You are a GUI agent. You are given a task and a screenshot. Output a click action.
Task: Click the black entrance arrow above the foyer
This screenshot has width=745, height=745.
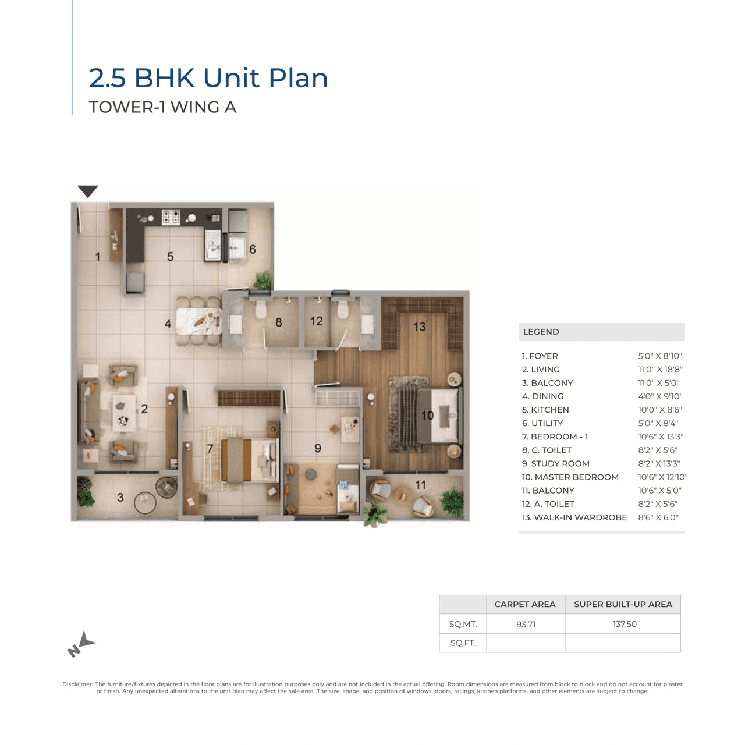point(88,191)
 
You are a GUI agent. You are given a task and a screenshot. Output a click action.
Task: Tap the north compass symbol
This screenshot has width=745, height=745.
point(81,644)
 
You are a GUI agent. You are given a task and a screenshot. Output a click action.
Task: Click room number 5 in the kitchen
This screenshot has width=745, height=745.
point(170,257)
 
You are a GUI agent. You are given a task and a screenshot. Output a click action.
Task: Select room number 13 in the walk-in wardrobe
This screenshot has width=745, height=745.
point(419,327)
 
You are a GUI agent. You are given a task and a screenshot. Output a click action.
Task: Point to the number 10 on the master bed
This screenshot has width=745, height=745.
point(427,416)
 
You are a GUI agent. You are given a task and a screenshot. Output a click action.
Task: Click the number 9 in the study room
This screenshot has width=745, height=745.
point(318,448)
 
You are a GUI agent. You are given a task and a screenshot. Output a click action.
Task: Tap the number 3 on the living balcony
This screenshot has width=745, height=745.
point(120,498)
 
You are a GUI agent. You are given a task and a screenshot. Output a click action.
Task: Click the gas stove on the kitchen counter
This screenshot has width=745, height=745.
point(171,217)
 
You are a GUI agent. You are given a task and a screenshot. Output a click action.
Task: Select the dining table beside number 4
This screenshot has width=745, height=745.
point(199,322)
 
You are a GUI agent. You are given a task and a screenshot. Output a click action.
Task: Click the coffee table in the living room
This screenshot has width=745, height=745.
point(123,413)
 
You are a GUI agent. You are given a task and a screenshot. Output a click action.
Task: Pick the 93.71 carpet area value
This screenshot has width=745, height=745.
point(526,624)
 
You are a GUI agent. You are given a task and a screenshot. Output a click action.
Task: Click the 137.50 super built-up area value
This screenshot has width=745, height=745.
point(624,624)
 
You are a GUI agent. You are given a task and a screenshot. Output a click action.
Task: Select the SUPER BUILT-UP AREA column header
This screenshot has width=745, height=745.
point(623,604)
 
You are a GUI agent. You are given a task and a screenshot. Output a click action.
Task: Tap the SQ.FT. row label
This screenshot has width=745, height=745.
point(463,643)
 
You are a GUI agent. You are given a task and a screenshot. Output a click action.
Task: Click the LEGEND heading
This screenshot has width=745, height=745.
point(541,332)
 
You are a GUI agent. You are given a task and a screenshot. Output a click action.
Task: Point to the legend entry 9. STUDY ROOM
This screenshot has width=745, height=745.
point(555,464)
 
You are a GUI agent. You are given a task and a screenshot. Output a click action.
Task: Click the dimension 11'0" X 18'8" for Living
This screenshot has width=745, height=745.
point(660,370)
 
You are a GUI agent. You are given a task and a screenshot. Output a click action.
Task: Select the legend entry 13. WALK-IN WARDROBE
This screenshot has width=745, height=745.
point(574,517)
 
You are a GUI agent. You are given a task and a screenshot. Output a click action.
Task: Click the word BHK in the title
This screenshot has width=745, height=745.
point(164,78)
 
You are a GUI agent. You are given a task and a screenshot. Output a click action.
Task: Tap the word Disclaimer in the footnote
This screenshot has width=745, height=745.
point(77,684)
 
